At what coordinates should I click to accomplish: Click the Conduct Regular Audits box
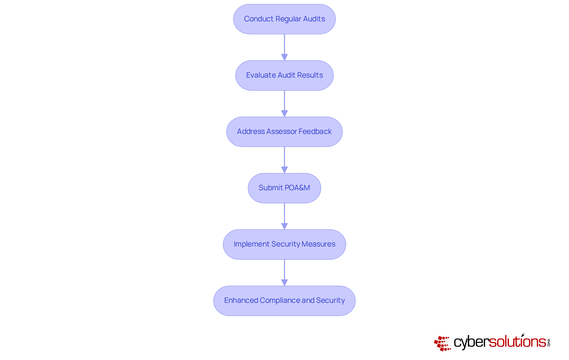(284, 19)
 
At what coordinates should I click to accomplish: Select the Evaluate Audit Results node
(284, 76)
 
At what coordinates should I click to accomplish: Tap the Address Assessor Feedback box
(284, 132)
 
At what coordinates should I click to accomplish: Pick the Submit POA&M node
(284, 188)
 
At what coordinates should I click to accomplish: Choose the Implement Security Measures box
(284, 244)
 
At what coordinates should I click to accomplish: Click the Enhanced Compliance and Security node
(284, 301)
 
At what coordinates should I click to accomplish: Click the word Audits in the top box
(314, 19)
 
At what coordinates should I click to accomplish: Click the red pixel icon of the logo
(442, 343)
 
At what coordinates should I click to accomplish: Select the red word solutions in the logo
(517, 342)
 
